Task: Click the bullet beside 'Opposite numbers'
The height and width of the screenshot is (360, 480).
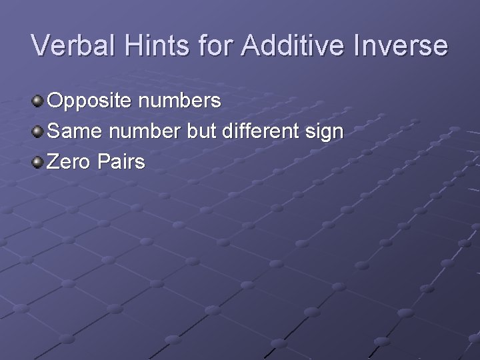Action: (x=38, y=101)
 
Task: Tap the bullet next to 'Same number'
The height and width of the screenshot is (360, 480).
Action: (x=38, y=131)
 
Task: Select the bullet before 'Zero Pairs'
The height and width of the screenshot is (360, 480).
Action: (x=38, y=161)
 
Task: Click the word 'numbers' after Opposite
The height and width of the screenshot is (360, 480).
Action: (x=181, y=101)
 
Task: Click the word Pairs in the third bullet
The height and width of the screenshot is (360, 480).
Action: (x=123, y=161)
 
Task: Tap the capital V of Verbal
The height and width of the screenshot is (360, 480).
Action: (x=42, y=45)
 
